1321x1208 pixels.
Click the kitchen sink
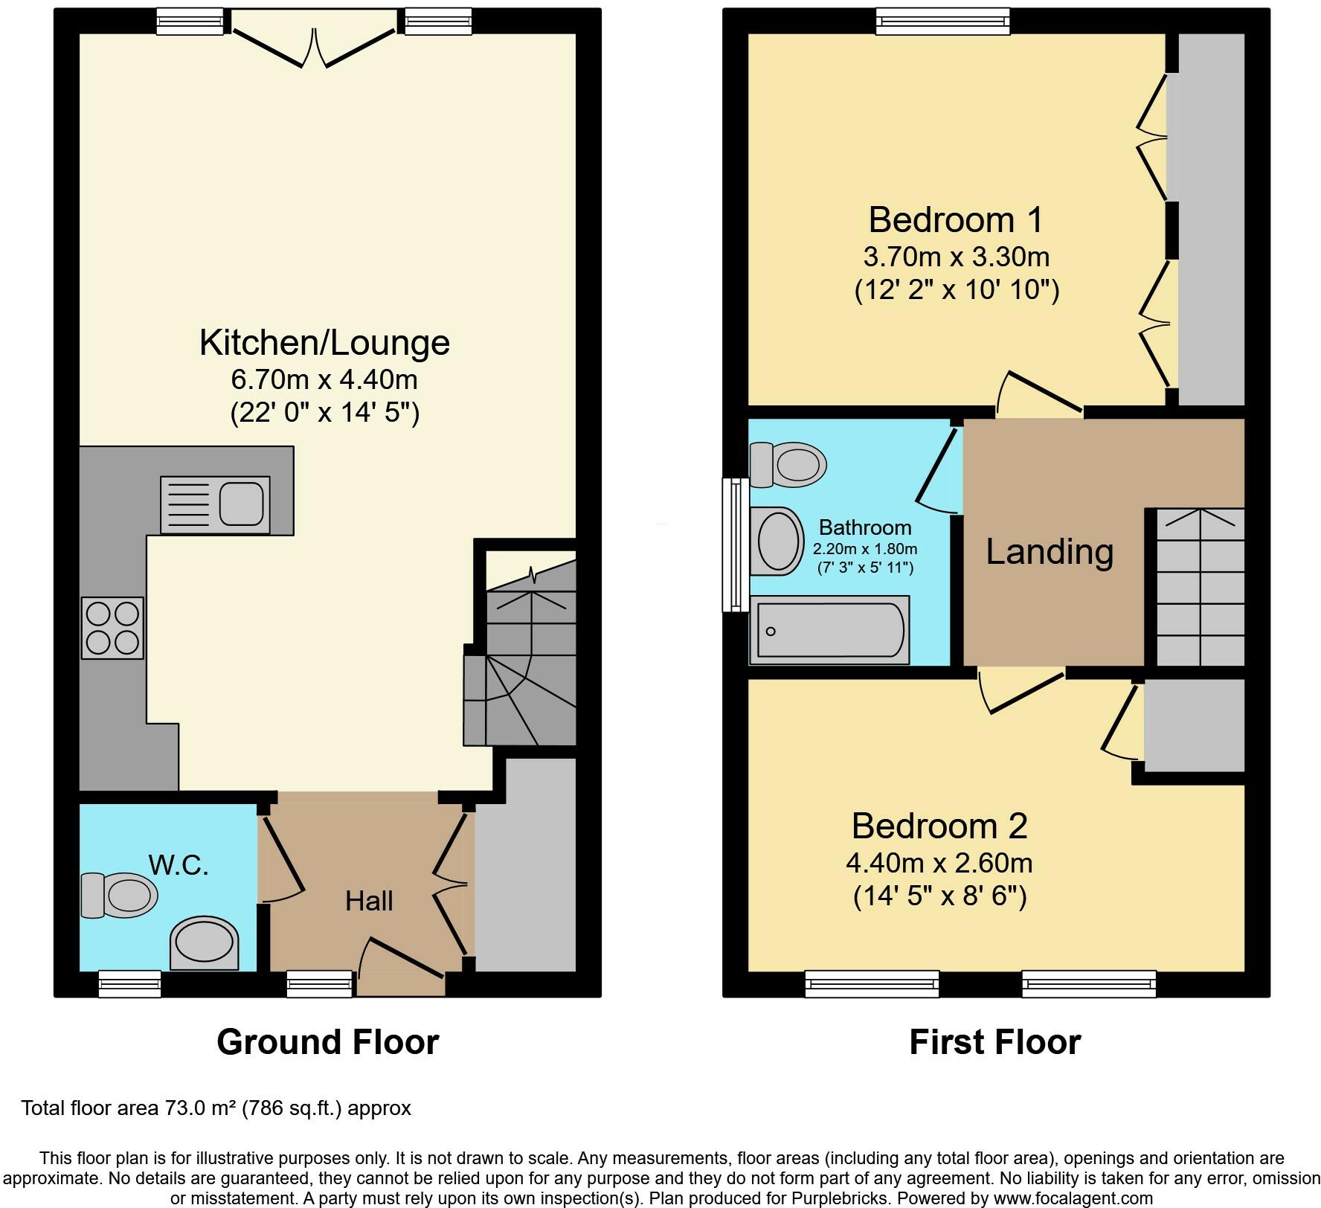click(215, 505)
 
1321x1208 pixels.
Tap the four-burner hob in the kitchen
click(112, 629)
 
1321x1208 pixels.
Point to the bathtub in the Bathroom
click(829, 629)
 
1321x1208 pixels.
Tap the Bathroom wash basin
click(777, 542)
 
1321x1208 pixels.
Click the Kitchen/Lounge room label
click(324, 342)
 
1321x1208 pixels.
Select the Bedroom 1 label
click(956, 219)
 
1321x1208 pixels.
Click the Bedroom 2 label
click(939, 826)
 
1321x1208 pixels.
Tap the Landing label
click(1050, 552)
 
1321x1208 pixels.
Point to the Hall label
click(369, 901)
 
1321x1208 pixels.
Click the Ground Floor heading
click(328, 1042)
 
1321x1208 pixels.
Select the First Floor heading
click(995, 1042)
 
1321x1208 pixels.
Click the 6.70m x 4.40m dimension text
click(324, 379)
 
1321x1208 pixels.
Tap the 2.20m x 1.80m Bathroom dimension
click(865, 550)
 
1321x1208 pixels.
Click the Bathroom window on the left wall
click(736, 544)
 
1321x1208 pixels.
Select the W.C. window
click(130, 983)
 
